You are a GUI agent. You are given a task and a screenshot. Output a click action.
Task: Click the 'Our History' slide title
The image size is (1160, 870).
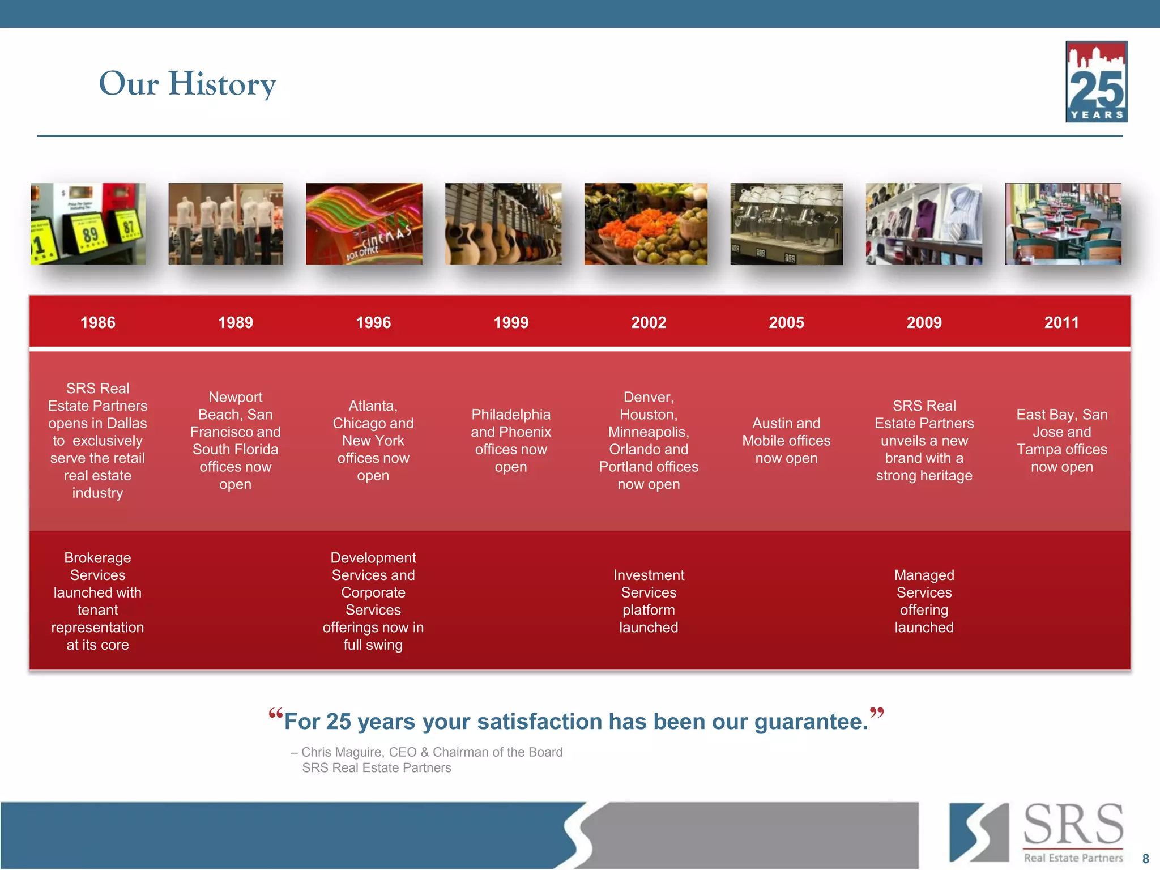point(187,83)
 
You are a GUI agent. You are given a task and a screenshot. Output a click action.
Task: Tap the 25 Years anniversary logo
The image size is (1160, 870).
point(1096,82)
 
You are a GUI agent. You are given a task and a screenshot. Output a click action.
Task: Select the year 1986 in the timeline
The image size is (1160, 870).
point(98,322)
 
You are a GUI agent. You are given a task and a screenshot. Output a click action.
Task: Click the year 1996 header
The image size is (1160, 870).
point(373,322)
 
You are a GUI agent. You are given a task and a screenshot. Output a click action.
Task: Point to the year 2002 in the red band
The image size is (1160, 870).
point(649,322)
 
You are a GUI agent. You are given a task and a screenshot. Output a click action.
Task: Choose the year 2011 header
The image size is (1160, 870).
point(1061,322)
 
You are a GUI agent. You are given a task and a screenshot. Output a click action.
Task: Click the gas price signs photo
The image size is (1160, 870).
point(88,224)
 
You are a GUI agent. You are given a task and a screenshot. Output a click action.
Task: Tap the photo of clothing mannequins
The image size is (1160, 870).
point(225,224)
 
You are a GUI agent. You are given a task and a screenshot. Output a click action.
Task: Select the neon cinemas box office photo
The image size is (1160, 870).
point(364,224)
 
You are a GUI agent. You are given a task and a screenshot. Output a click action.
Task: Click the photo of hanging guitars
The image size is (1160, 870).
point(503,224)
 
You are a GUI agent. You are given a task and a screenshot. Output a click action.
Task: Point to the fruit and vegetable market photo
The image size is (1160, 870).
point(646,224)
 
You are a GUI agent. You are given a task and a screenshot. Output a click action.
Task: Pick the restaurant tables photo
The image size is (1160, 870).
point(1063,224)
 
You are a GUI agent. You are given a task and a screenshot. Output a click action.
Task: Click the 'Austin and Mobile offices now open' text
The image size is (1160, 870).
point(786,441)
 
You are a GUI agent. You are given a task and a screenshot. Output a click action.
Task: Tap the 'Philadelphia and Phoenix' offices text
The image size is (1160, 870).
point(511,441)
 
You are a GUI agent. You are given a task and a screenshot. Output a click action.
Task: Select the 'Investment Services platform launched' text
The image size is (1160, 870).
point(649,601)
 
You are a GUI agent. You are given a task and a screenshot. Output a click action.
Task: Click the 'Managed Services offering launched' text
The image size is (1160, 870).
point(924,601)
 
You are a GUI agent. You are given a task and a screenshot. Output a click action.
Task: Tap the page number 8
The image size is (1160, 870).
point(1145,859)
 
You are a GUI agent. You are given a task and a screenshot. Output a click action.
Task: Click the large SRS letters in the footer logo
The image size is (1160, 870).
point(1073,825)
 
